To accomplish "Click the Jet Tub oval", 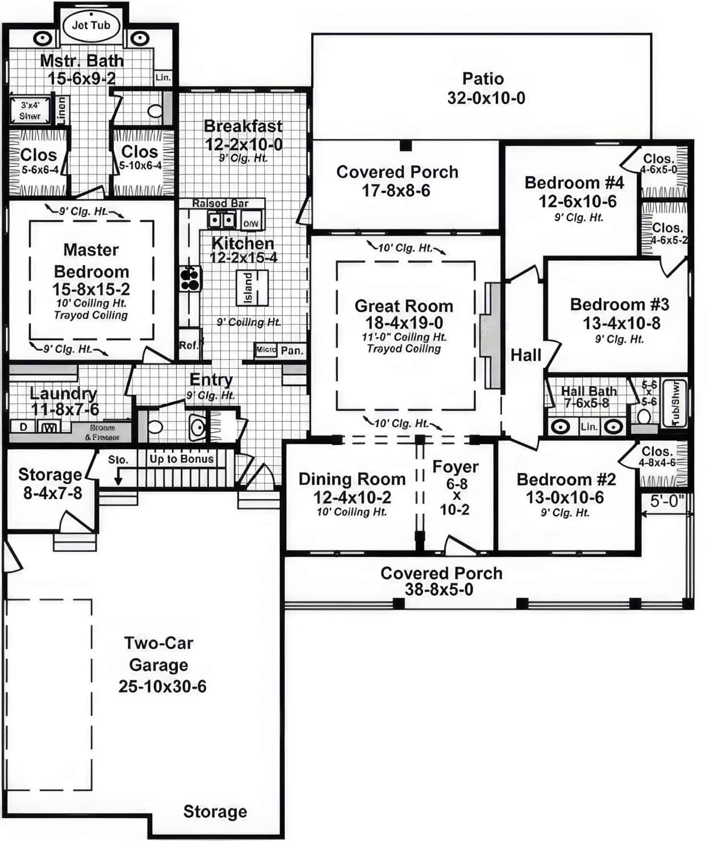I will pos(91,25).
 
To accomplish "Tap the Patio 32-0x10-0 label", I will pos(485,88).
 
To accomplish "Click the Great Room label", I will pos(404,306).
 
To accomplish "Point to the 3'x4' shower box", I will pos(30,111).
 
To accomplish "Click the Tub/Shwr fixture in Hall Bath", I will pos(675,403).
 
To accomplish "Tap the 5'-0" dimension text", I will pos(667,501).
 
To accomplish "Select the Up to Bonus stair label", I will pos(181,459).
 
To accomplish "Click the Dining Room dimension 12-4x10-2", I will pos(352,497).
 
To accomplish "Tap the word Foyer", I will pos(455,467).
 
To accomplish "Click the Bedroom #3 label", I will pos(619,304).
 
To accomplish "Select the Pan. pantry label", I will pos(292,351).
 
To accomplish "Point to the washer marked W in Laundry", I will pos(48,427).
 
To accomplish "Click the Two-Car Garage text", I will pos(159,654).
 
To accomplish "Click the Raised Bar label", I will pos(220,203).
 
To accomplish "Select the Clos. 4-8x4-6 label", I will pos(657,456).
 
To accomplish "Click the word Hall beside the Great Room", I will pos(526,355).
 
